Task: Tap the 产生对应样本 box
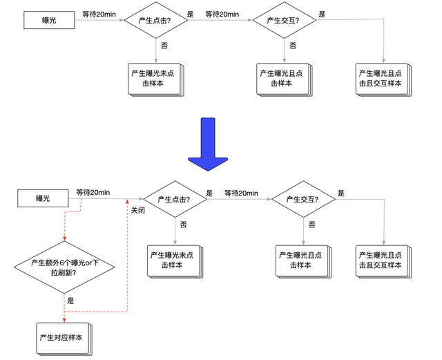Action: pos(64,337)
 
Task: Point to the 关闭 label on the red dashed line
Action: pos(137,210)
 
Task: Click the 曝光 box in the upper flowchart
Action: pos(49,20)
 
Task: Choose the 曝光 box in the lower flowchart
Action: pos(43,199)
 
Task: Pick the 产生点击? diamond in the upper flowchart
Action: pos(155,20)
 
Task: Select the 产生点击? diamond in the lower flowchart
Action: pos(175,199)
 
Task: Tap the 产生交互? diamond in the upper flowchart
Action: pos(284,20)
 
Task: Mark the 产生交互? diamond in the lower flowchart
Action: pos(303,199)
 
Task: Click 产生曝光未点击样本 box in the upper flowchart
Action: pos(153,79)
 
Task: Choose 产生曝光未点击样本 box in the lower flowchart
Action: pos(173,259)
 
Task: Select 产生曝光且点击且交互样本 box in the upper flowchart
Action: pos(383,79)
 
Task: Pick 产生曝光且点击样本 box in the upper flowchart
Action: pos(282,79)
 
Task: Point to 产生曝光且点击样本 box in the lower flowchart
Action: pos(302,259)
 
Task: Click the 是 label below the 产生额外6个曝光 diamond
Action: pos(70,301)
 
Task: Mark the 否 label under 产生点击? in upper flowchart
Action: pos(164,46)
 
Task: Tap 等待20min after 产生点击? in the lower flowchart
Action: pos(241,193)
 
